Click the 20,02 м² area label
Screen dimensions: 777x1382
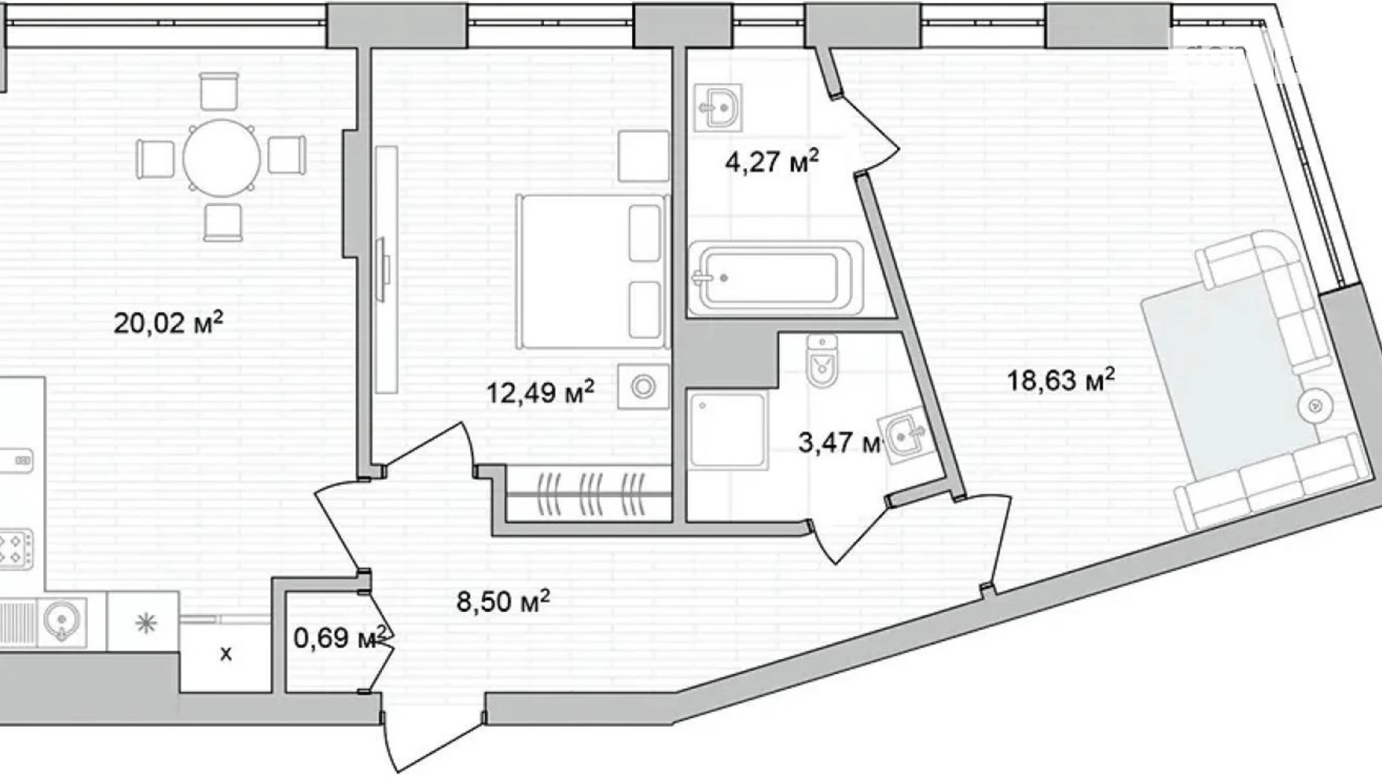pyautogui.click(x=168, y=324)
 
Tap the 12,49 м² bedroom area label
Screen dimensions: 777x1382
pyautogui.click(x=540, y=391)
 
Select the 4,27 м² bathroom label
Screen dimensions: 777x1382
pyautogui.click(x=772, y=161)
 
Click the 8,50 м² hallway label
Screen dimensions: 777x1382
pyautogui.click(x=503, y=601)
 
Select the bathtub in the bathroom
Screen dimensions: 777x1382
pyautogui.click(x=775, y=278)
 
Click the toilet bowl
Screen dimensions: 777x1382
pyautogui.click(x=822, y=362)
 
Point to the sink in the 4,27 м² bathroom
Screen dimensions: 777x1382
pyautogui.click(x=718, y=108)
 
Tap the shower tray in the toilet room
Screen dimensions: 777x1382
pyautogui.click(x=727, y=430)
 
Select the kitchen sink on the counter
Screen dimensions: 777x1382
pyautogui.click(x=61, y=620)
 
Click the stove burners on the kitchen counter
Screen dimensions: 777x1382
pyautogui.click(x=15, y=548)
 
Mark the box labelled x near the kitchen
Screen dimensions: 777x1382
pyautogui.click(x=226, y=654)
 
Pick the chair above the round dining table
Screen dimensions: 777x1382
pyautogui.click(x=220, y=91)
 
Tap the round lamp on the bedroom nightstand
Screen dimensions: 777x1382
pyautogui.click(x=643, y=387)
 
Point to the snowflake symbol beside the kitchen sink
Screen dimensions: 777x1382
pyautogui.click(x=145, y=622)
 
